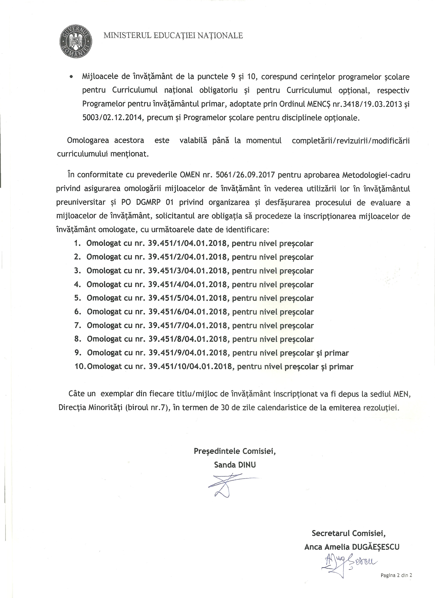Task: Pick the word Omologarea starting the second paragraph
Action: (88, 140)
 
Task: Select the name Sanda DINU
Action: (235, 465)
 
